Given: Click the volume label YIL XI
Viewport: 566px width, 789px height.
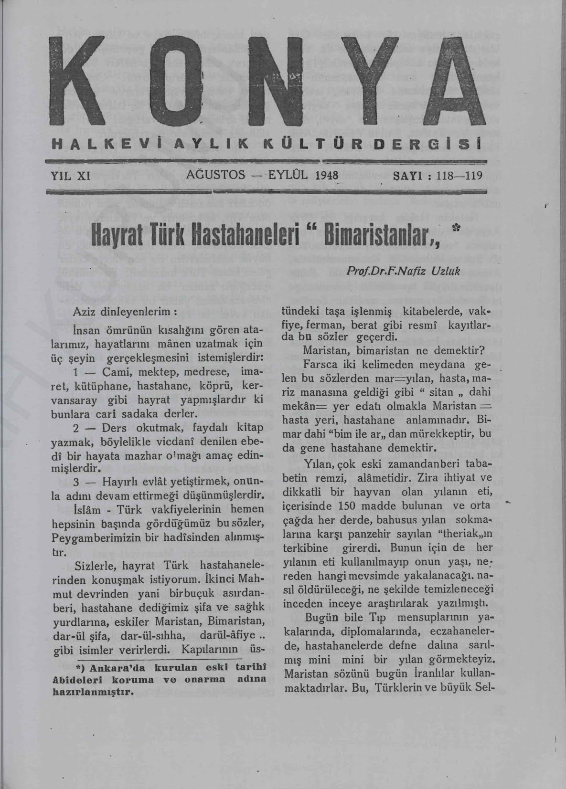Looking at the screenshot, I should click(x=71, y=175).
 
